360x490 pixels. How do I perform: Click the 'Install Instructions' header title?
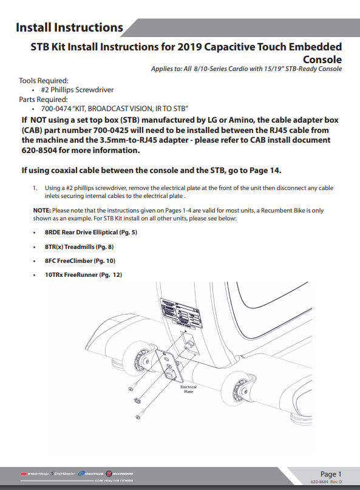click(69, 27)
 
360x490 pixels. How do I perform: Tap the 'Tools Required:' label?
click(44, 80)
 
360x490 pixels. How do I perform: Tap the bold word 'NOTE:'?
click(42, 209)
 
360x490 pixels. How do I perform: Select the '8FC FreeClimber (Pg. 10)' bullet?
click(78, 260)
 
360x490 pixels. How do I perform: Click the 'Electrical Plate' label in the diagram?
click(188, 389)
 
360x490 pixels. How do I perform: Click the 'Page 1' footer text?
click(331, 474)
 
